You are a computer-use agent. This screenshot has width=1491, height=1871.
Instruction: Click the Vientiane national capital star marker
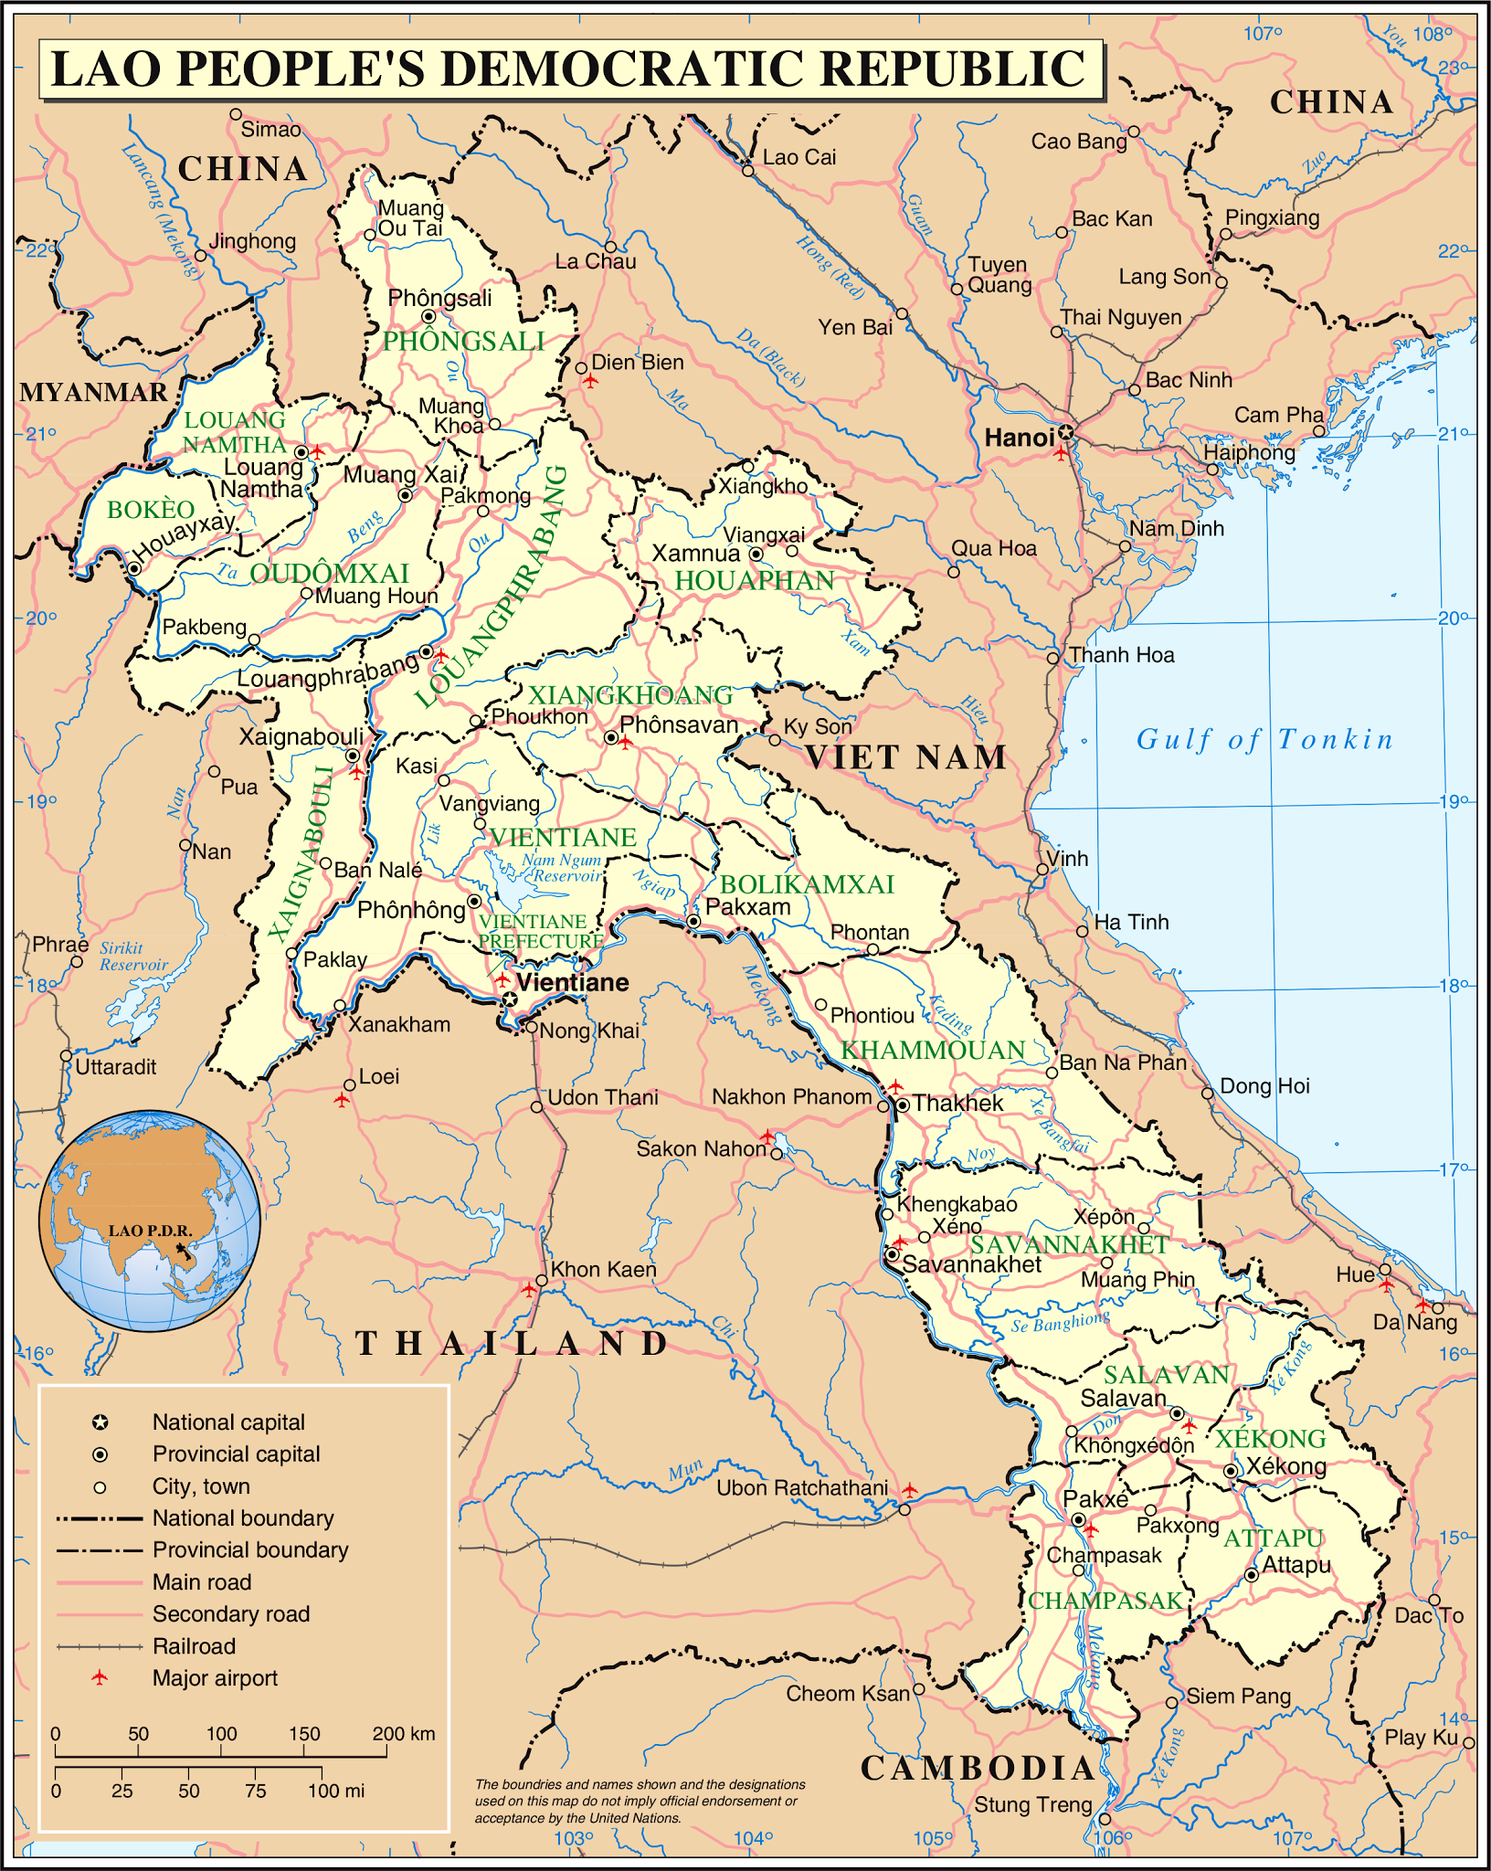coord(509,999)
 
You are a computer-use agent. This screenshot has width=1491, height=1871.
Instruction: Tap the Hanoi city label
coord(1019,438)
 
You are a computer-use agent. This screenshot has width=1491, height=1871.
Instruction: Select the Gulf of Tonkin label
coord(1264,739)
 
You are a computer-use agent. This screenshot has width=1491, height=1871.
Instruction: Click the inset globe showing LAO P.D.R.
coord(150,1221)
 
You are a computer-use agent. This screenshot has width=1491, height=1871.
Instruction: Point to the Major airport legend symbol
coord(100,1677)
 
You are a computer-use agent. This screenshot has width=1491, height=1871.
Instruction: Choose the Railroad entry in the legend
coord(194,1645)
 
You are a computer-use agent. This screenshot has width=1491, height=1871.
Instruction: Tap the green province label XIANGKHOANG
coord(630,695)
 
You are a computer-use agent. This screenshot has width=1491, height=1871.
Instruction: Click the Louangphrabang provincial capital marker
coord(426,651)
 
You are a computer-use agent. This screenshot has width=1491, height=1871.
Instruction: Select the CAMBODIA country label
coord(977,1768)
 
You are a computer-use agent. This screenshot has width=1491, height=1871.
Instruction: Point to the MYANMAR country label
coord(93,392)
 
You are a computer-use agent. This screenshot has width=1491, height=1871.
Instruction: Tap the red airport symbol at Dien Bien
coord(591,380)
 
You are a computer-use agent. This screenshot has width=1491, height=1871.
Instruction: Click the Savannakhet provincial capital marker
coord(892,1254)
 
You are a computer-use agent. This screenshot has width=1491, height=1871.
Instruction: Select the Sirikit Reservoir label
coord(133,956)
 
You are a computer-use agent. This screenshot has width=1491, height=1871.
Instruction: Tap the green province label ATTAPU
coord(1273,1538)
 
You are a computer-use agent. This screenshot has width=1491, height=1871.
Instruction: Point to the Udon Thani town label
coord(602,1096)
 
